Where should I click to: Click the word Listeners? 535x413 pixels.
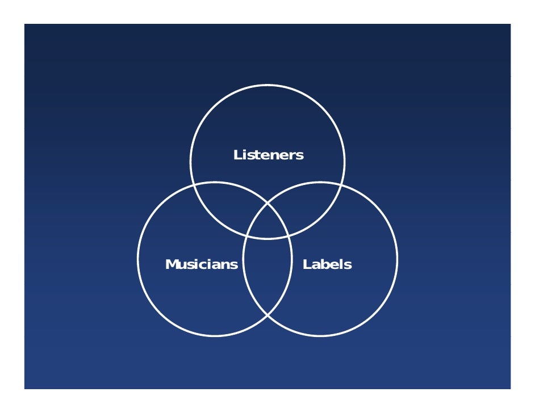pos(269,155)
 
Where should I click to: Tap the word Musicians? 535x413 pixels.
pos(202,264)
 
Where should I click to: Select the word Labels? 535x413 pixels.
pos(327,264)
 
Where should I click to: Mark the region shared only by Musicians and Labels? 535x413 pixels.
pos(267,278)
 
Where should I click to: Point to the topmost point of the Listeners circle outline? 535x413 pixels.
pos(267,85)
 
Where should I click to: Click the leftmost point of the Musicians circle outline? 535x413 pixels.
pos(138,259)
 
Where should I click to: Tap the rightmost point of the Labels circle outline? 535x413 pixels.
pos(397,259)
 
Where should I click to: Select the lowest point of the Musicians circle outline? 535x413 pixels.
pos(215,336)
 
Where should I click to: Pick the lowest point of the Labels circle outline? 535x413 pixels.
pos(320,336)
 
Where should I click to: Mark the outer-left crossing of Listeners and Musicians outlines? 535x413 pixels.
pos(193,185)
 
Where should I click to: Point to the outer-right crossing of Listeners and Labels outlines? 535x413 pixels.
pos(342,185)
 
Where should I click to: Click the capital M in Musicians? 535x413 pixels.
pos(172,264)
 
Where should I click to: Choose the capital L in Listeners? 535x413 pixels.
pos(238,155)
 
